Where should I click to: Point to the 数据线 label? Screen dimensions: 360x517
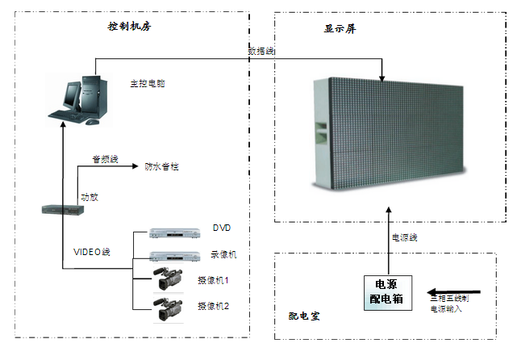pos(261,51)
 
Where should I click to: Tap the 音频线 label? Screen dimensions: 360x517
pos(105,160)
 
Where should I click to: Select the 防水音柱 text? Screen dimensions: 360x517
pos(161,166)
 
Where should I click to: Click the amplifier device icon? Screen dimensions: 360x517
pos(64,210)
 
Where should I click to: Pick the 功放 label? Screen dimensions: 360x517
pos(89,196)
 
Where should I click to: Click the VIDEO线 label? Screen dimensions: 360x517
pos(92,252)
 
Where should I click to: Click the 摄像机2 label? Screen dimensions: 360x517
pos(214,306)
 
